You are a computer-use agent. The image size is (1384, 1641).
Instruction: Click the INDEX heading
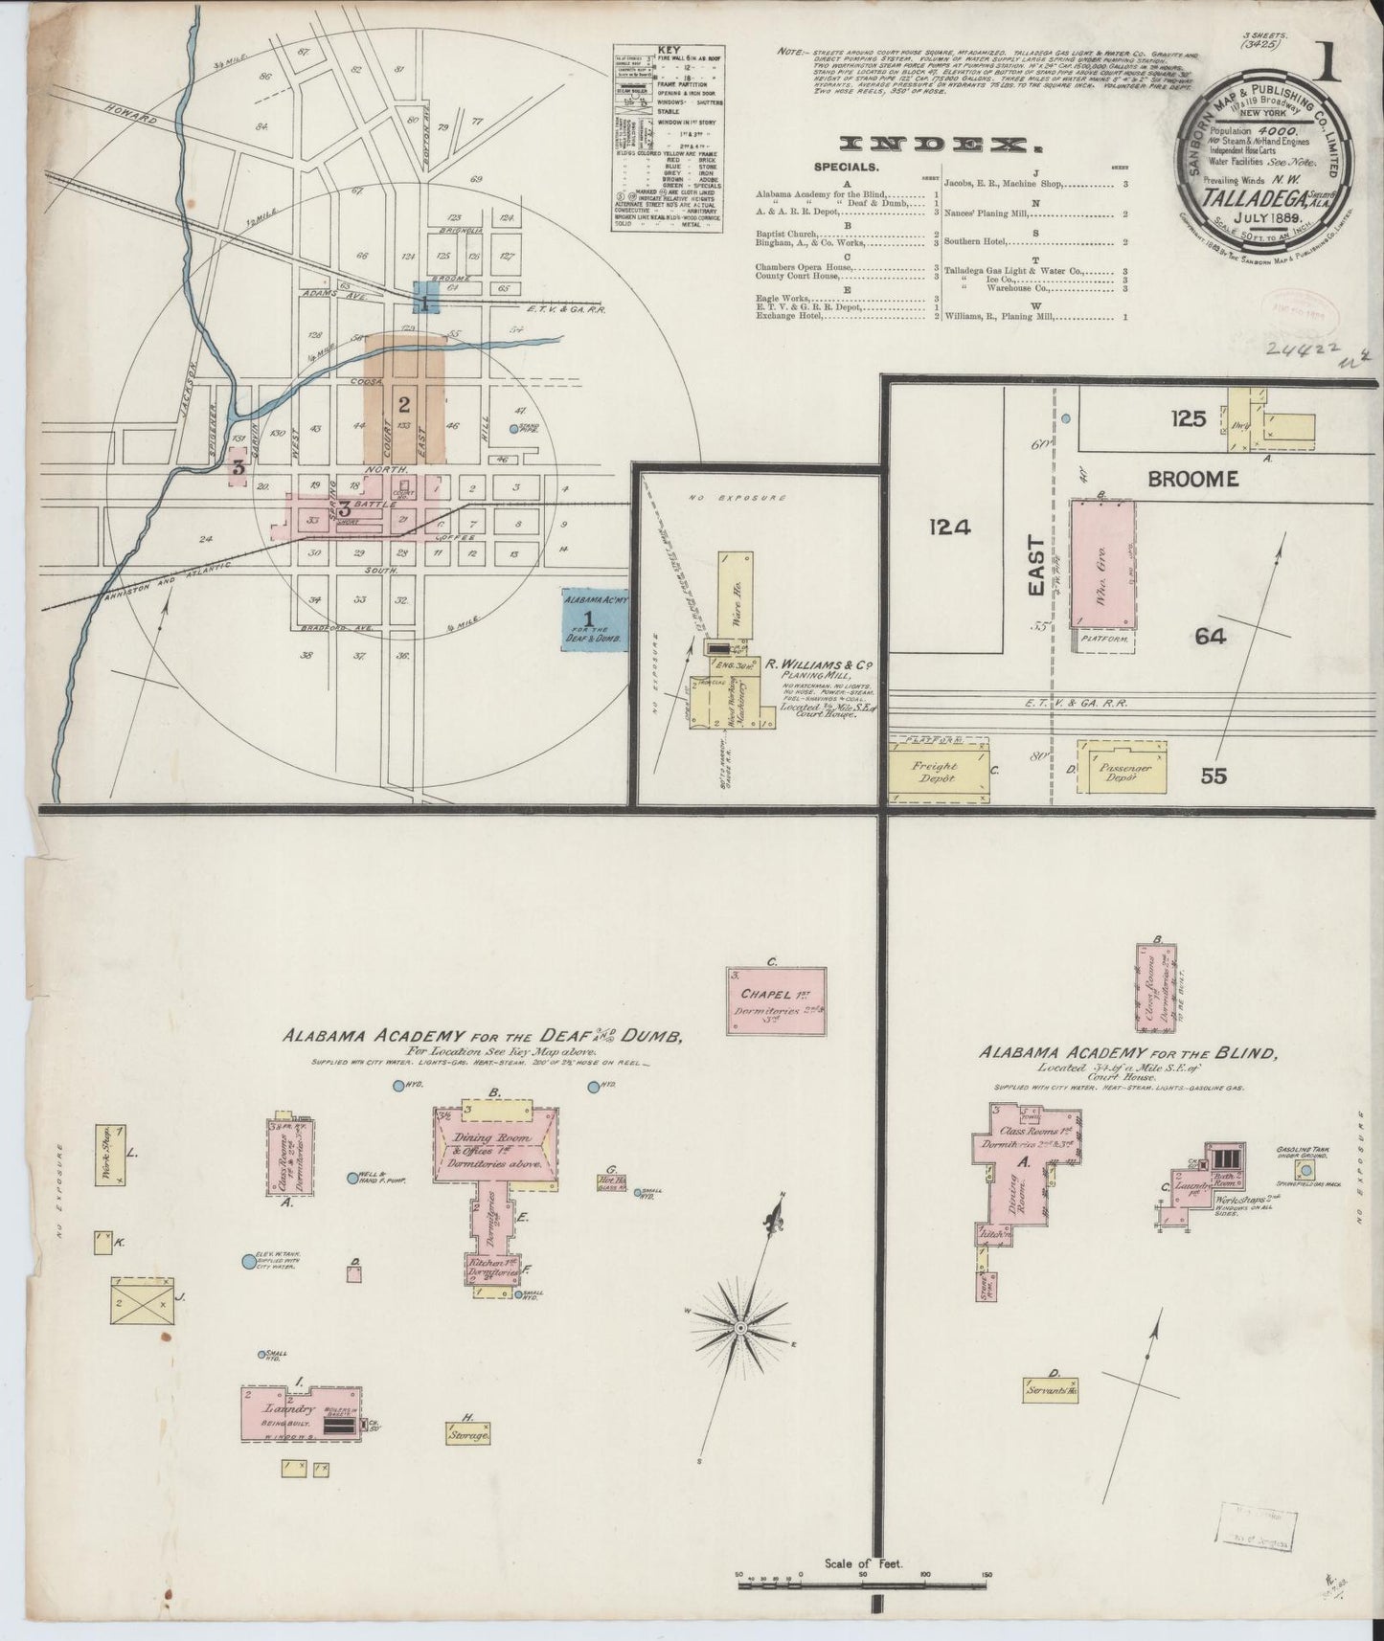click(x=940, y=145)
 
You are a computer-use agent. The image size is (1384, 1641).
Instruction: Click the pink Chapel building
click(x=775, y=1000)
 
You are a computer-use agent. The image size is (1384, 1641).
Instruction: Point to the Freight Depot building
click(x=937, y=773)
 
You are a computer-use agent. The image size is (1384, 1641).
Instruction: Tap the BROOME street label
click(x=1191, y=479)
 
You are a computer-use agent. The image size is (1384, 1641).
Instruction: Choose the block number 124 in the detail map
click(x=949, y=525)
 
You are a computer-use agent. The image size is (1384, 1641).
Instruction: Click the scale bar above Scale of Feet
click(x=862, y=1584)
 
